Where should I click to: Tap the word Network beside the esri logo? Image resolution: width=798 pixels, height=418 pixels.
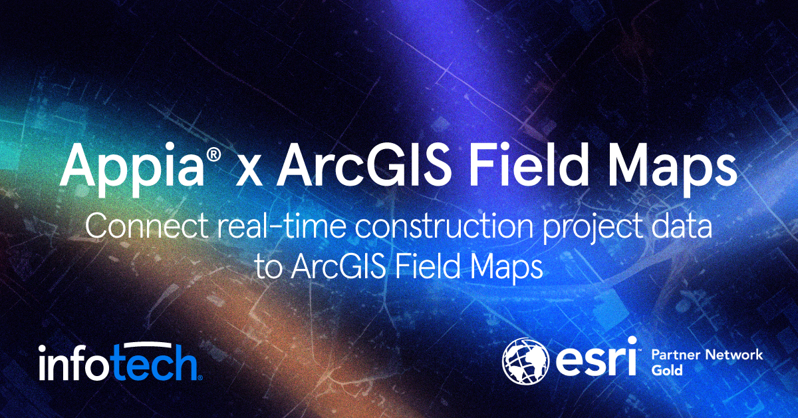coord(732,355)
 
